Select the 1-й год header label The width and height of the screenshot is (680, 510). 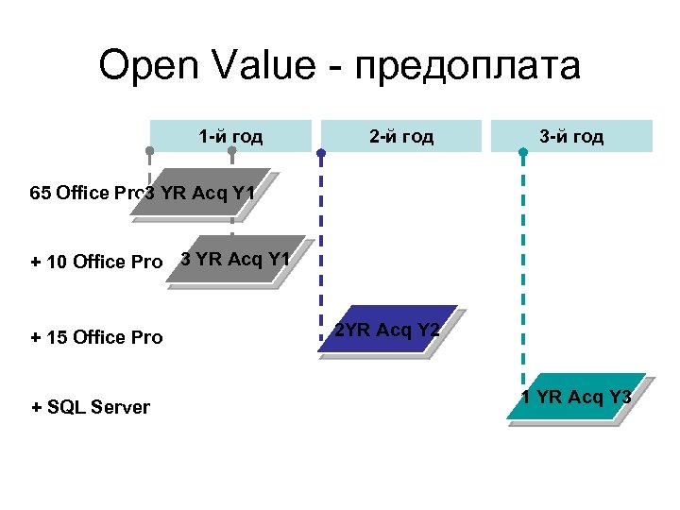pos(230,137)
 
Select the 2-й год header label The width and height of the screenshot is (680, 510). pos(401,137)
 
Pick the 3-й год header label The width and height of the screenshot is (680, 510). pos(571,137)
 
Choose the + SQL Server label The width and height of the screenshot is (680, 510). pos(91,407)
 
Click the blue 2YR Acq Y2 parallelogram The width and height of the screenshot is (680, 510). pos(388,330)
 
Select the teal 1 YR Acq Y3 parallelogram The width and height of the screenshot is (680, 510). pos(575,398)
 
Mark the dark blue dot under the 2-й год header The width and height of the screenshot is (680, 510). pos(321,151)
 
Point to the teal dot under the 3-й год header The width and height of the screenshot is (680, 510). pos(523,151)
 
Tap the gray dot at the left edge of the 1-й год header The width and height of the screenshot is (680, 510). pos(149,151)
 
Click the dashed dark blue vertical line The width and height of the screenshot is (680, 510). pos(321,236)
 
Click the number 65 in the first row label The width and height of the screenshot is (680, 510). pos(41,195)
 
